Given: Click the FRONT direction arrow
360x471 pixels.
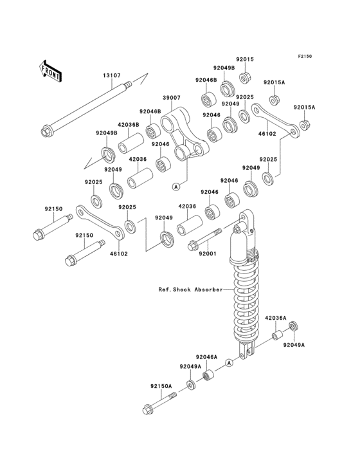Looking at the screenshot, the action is tap(50, 71).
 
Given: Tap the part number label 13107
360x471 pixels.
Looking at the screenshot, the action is tap(112, 76).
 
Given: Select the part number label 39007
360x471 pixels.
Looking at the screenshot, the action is tap(171, 98).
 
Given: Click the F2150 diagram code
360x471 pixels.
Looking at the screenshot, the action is tap(305, 56).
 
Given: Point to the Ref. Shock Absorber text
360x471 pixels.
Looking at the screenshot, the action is tap(190, 290).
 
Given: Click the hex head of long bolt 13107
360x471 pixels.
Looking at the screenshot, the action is tap(46, 131).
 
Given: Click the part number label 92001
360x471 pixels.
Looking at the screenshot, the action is tap(207, 254).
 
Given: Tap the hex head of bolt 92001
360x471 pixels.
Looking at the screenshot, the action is tap(192, 246).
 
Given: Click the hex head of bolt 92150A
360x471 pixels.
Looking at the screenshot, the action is tap(148, 409).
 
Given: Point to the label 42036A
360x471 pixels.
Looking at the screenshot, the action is tap(276, 318).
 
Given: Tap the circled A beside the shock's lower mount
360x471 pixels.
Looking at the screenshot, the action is tap(230, 363).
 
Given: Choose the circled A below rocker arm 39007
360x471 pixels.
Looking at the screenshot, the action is tap(176, 187).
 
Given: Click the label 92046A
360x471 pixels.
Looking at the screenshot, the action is tap(206, 357).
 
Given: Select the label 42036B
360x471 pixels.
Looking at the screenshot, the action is tap(129, 125).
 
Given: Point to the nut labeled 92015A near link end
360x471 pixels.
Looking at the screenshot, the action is tap(304, 125).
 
